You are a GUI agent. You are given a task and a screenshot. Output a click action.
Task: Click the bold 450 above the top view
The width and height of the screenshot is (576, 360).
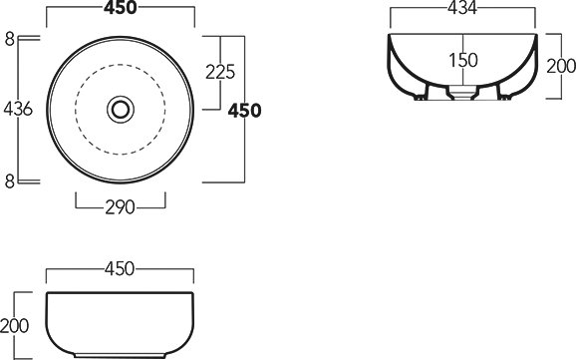point(121,8)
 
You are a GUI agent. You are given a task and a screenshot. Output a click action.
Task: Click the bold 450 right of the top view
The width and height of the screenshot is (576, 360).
point(245,111)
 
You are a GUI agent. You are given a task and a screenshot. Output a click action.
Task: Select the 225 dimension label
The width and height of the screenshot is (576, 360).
point(220,72)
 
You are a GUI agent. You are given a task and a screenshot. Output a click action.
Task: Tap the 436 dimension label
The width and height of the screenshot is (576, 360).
point(18,110)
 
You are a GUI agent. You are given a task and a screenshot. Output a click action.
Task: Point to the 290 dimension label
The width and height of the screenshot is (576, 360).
point(121,207)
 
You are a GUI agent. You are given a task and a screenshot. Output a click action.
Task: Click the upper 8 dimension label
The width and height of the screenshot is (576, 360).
point(10,39)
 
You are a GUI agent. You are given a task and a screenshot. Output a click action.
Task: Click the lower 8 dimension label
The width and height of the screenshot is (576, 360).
point(10,181)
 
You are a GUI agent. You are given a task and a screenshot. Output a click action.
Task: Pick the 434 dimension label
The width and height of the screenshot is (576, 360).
point(462,8)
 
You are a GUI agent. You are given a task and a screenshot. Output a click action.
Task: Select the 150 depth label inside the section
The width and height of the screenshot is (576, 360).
point(463,60)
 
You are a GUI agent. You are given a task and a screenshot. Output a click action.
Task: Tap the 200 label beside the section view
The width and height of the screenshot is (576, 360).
point(561,67)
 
